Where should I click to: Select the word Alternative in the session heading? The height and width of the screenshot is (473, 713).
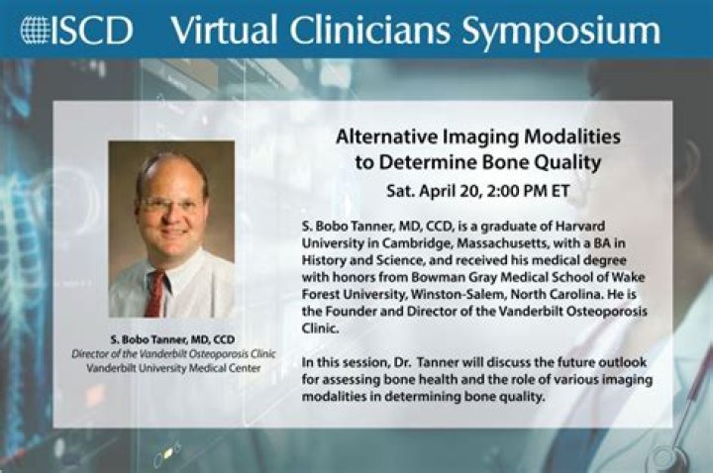click(381, 136)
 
